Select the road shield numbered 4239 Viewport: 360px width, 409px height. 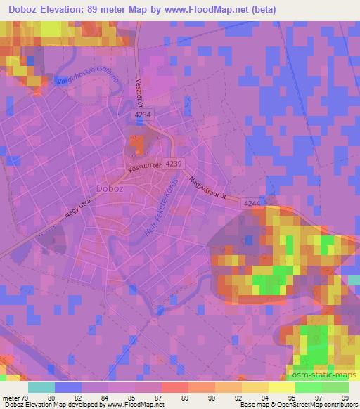click(176, 163)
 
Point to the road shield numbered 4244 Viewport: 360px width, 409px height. click(252, 203)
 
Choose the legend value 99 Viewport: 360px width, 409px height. click(345, 397)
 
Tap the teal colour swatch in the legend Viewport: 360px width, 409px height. click(41, 387)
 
